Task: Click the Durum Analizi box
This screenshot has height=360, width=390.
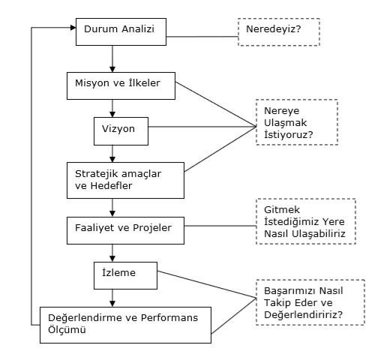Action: pos(121,31)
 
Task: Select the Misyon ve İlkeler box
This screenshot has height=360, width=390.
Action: pos(121,85)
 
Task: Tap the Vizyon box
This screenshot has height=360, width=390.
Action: pos(121,131)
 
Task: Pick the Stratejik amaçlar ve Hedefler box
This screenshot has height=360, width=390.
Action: pos(125,180)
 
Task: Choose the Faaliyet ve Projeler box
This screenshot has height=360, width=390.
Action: pos(125,230)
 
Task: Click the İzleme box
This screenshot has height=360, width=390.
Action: pos(125,275)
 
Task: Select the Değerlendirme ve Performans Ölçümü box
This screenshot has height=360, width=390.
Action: pos(125,325)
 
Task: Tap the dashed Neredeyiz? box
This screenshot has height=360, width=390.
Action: pos(279,32)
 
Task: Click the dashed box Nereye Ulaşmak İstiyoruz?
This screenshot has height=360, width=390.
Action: pos(297,122)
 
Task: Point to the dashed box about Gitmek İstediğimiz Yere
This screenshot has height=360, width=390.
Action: pos(306,221)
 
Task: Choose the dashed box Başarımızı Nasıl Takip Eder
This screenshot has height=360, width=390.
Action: pos(310,302)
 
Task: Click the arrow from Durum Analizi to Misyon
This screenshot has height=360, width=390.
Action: pos(112,59)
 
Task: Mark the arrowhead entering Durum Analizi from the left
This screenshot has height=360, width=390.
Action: pos(73,28)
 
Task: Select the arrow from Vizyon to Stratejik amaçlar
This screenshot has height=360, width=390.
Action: pos(112,154)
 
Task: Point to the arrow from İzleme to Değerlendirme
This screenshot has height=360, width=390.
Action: pos(112,298)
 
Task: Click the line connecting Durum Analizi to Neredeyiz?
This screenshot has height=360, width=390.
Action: pos(202,37)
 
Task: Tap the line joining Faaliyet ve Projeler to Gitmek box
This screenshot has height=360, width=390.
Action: pos(220,226)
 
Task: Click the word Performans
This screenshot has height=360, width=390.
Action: pos(169,318)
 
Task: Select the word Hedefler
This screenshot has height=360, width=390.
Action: pos(111,186)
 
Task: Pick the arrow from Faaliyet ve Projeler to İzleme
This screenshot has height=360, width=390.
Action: pos(112,253)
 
